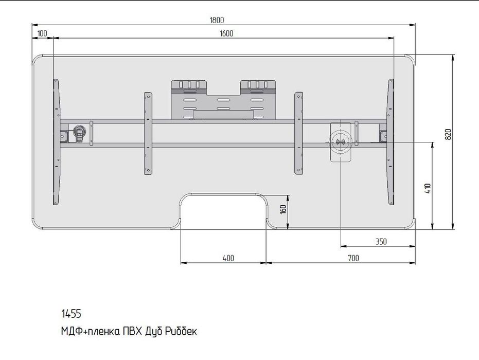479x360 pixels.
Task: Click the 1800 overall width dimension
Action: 217,20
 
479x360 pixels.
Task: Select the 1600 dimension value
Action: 226,33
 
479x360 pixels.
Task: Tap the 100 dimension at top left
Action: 42,33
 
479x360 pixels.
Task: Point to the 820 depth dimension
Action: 448,134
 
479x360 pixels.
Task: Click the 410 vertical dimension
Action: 428,188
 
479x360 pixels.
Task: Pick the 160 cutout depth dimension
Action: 283,209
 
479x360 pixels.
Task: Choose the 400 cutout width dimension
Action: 228,258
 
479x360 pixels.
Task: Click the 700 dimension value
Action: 353,258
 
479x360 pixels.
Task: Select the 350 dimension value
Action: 381,242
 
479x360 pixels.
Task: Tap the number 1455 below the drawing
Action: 71,314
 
